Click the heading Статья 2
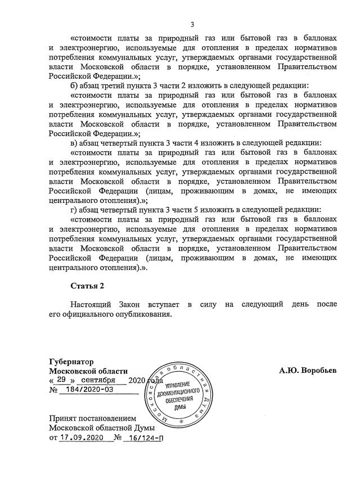coord(88,287)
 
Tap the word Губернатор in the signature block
coord(71,361)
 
